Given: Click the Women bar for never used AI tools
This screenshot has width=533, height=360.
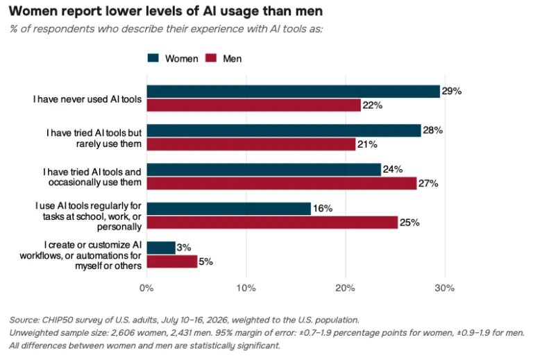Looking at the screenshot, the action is click(294, 92).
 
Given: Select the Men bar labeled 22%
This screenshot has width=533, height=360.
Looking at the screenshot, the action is click(254, 105).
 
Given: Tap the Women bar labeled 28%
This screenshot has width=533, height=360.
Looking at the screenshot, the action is click(284, 131).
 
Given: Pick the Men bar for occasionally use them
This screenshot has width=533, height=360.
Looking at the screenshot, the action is click(282, 183).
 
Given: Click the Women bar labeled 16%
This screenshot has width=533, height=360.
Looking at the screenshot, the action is click(229, 209).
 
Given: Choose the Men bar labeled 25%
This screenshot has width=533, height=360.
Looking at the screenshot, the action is click(272, 223).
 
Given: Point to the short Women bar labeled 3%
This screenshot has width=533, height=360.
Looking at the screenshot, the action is click(161, 248).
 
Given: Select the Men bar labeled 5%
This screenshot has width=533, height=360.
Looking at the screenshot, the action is click(172, 262).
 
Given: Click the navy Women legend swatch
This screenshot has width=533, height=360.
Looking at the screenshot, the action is click(153, 58).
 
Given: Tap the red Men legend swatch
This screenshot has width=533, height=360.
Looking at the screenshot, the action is click(211, 58).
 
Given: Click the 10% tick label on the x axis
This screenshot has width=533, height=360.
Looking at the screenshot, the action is click(246, 288).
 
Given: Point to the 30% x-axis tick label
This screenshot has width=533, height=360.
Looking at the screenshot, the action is click(445, 288).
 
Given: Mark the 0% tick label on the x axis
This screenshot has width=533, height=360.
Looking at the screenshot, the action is click(146, 288).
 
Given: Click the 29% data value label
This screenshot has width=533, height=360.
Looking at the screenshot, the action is click(452, 91).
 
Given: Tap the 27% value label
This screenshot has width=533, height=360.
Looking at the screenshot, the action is click(428, 183).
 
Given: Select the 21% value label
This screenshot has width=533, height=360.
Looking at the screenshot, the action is click(367, 144).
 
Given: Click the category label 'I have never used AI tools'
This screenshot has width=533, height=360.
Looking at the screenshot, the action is click(87, 99).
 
